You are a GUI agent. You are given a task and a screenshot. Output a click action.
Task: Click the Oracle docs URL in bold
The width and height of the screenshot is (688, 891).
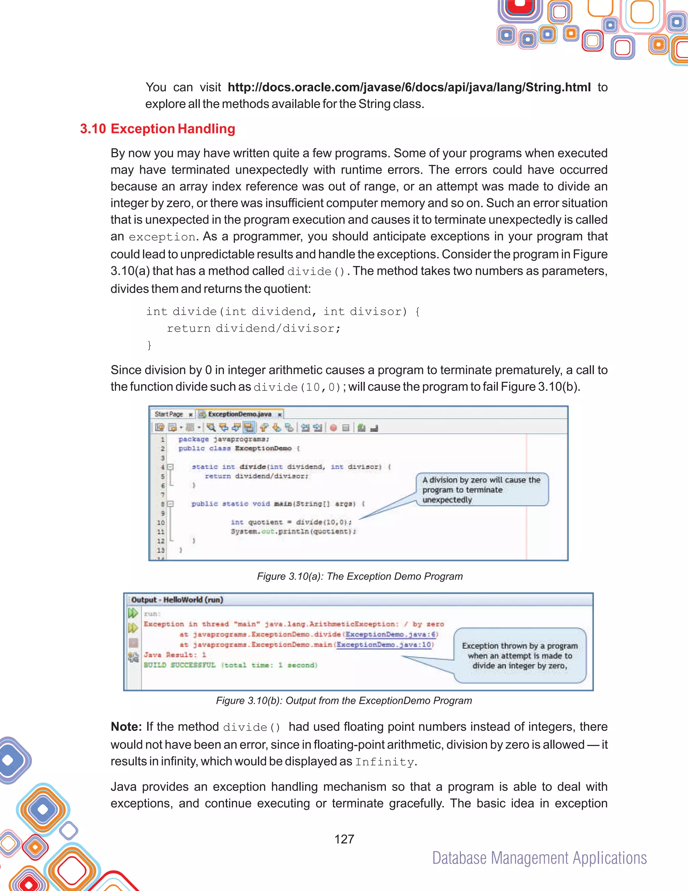409,87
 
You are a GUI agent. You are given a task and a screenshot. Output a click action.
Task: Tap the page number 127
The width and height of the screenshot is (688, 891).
344,839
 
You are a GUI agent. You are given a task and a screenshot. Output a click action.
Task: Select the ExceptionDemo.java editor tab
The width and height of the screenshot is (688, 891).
240,414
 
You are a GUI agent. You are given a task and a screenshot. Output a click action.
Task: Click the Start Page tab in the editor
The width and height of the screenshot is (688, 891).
169,414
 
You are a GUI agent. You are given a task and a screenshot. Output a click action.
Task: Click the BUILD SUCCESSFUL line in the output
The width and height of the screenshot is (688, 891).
230,665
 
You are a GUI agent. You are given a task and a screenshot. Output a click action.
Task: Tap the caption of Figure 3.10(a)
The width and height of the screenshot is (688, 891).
359,576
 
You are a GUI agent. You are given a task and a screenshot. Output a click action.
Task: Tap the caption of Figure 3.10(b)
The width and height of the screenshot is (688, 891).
344,701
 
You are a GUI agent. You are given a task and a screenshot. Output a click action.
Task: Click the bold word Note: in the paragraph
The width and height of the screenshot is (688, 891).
126,726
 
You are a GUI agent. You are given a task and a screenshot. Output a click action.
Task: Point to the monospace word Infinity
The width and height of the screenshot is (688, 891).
384,762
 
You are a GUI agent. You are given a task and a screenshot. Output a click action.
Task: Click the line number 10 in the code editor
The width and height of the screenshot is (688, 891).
161,523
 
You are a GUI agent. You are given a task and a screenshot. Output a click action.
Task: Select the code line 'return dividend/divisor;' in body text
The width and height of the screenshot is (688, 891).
253,328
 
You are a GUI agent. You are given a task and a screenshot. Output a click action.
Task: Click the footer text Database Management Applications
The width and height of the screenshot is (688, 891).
539,858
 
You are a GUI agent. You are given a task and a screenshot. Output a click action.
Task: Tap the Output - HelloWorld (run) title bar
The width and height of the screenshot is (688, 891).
177,600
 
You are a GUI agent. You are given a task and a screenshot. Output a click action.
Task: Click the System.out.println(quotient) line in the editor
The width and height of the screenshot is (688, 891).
293,532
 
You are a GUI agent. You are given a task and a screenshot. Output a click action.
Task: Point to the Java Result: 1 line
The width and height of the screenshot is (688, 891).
175,655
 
